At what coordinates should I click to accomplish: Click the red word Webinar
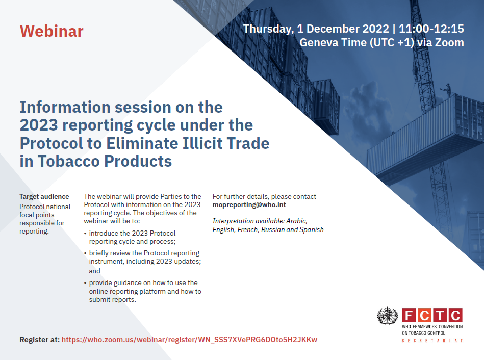pyautogui.click(x=52, y=31)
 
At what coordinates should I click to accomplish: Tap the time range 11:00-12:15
pyautogui.click(x=431, y=29)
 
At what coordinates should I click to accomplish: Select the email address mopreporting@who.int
pyautogui.click(x=249, y=204)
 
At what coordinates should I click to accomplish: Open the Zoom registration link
pyautogui.click(x=189, y=340)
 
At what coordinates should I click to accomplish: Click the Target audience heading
pyautogui.click(x=44, y=197)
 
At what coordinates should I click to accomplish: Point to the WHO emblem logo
pyautogui.click(x=388, y=316)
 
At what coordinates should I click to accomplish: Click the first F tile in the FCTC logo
pyautogui.click(x=409, y=316)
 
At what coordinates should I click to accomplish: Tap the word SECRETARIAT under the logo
pyautogui.click(x=432, y=341)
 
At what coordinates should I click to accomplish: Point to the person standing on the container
pyautogui.click(x=447, y=90)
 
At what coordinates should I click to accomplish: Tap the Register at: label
pyautogui.click(x=39, y=340)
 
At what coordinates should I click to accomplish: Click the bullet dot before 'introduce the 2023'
pyautogui.click(x=85, y=234)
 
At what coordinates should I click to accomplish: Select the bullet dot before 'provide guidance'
pyautogui.click(x=85, y=283)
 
